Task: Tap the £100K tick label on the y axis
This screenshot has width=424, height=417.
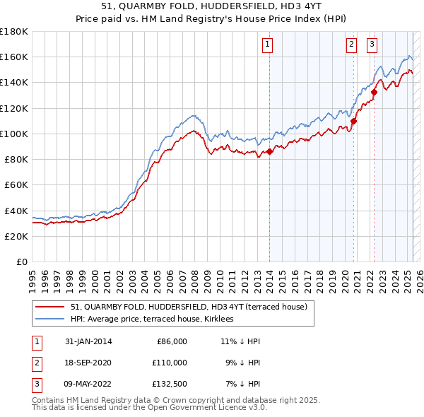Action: (14, 134)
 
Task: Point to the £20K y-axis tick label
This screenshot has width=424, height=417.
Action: (16, 236)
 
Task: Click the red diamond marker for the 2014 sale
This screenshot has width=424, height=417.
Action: (269, 152)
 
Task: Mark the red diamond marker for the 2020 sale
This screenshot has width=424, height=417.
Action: (353, 121)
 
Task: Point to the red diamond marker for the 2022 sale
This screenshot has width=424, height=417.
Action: (373, 92)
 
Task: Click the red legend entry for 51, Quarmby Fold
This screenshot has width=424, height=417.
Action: (189, 307)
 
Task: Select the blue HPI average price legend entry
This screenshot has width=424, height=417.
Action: (157, 319)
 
